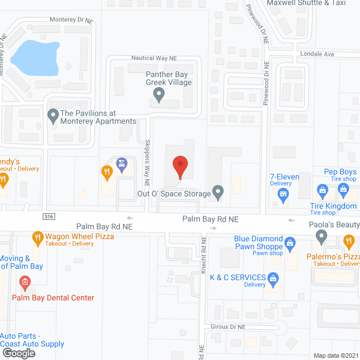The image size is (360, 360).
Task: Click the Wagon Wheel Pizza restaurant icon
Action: [x=38, y=237]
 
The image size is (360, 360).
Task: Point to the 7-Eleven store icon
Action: [x=283, y=195]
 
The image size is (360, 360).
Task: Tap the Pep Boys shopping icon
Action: [x=343, y=190]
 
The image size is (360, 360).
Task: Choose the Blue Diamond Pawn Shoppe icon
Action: [x=290, y=243]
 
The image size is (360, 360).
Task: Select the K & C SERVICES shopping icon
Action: [x=273, y=277]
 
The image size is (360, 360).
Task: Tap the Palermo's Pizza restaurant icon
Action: [x=349, y=243]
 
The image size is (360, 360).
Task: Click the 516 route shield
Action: [x=49, y=217]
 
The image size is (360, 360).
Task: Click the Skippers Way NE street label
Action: [x=146, y=163]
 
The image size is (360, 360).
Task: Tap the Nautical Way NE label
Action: [x=154, y=58]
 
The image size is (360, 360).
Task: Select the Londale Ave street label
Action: [x=318, y=55]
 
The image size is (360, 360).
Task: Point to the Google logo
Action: [x=19, y=353]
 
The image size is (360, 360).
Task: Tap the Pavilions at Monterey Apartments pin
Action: [x=53, y=116]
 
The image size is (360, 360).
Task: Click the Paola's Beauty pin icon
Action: [x=321, y=237]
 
